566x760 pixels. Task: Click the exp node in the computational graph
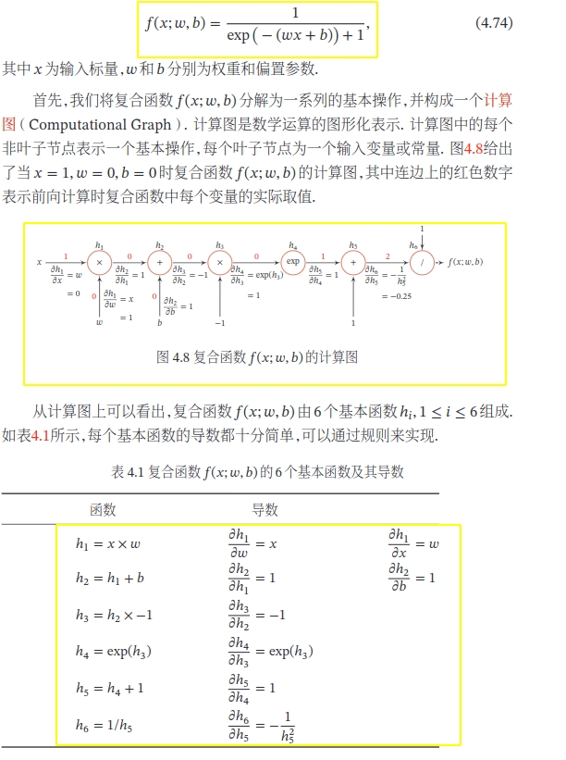coord(293,262)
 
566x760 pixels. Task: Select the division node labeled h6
coord(422,262)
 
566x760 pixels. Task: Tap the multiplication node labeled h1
coord(100,263)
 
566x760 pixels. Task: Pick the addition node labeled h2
coord(160,263)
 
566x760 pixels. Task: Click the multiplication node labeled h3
coord(219,263)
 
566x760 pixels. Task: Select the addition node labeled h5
coord(353,263)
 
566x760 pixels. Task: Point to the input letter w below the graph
coord(100,324)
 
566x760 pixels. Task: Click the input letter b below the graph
coord(159,324)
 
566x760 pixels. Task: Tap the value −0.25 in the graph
coord(397,295)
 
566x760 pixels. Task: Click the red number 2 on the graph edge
coord(388,255)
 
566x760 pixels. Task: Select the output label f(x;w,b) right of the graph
coord(465,262)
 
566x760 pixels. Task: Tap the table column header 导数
coord(265,509)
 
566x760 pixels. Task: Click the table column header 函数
coord(103,509)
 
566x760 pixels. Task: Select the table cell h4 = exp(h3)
coord(114,652)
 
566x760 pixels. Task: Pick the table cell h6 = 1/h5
coord(105,726)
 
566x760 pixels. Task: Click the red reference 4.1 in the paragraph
coord(40,435)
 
